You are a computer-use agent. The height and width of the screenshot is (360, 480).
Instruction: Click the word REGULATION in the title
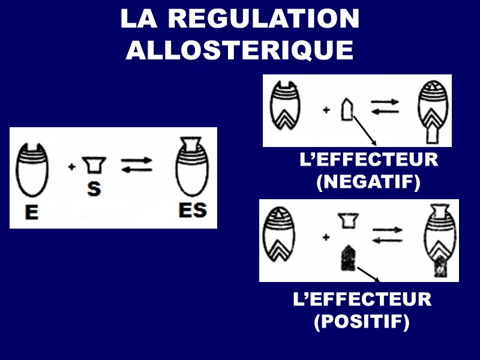point(263,20)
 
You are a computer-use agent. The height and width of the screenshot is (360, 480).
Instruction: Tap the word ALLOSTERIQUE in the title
point(239,50)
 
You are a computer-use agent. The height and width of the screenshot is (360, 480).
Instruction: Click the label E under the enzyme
point(31,213)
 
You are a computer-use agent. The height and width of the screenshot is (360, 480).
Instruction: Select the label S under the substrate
point(94,189)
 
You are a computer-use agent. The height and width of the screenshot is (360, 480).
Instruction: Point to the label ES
point(193,211)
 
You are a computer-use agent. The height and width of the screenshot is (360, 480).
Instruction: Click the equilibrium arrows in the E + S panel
point(137,165)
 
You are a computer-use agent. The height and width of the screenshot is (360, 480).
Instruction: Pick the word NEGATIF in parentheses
point(368,182)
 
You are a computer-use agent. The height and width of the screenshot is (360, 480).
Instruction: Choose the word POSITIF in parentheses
point(362,322)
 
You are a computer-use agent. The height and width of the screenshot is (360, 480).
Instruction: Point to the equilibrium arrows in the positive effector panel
point(388,234)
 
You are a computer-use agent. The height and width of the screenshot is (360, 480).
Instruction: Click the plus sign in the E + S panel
point(72,166)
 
